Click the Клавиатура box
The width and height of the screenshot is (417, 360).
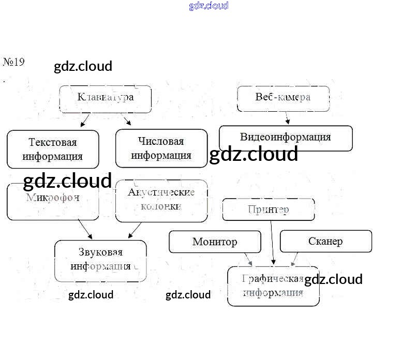pyautogui.click(x=106, y=99)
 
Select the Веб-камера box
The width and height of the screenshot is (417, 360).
pyautogui.click(x=283, y=98)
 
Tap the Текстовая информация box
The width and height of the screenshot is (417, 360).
pyautogui.click(x=53, y=149)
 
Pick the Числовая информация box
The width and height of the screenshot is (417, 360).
pyautogui.click(x=161, y=148)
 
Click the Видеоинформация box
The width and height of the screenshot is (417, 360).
pyautogui.click(x=286, y=138)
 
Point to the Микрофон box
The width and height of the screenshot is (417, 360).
pyautogui.click(x=53, y=202)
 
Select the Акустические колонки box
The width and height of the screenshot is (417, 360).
pyautogui.click(x=161, y=200)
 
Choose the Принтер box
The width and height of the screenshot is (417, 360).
pyautogui.click(x=268, y=209)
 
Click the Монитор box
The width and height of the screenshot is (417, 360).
pyautogui.click(x=215, y=242)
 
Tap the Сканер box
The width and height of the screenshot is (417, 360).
pyautogui.click(x=325, y=242)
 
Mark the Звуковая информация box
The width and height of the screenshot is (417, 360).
pyautogui.click(x=100, y=260)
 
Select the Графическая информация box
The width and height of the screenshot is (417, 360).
pyautogui.click(x=273, y=286)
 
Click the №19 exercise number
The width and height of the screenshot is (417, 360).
pyautogui.click(x=14, y=63)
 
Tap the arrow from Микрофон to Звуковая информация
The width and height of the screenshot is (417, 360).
pyautogui.click(x=85, y=229)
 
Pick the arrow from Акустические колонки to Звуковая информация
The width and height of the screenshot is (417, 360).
pyautogui.click(x=135, y=230)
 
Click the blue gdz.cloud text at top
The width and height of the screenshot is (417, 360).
pyautogui.click(x=209, y=6)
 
